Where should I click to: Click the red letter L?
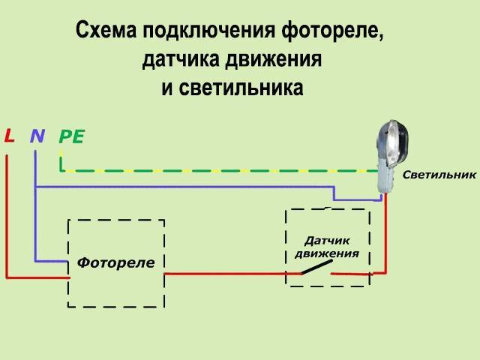tap(9, 136)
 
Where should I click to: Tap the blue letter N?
tap(37, 136)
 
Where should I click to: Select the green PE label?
tap(71, 136)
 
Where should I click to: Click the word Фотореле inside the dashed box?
tap(115, 263)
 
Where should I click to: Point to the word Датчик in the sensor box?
tap(328, 241)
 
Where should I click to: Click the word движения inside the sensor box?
tap(327, 253)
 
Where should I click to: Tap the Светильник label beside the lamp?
tap(439, 175)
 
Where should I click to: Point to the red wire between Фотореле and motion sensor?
tap(225, 274)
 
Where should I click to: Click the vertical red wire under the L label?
tap(7, 217)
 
